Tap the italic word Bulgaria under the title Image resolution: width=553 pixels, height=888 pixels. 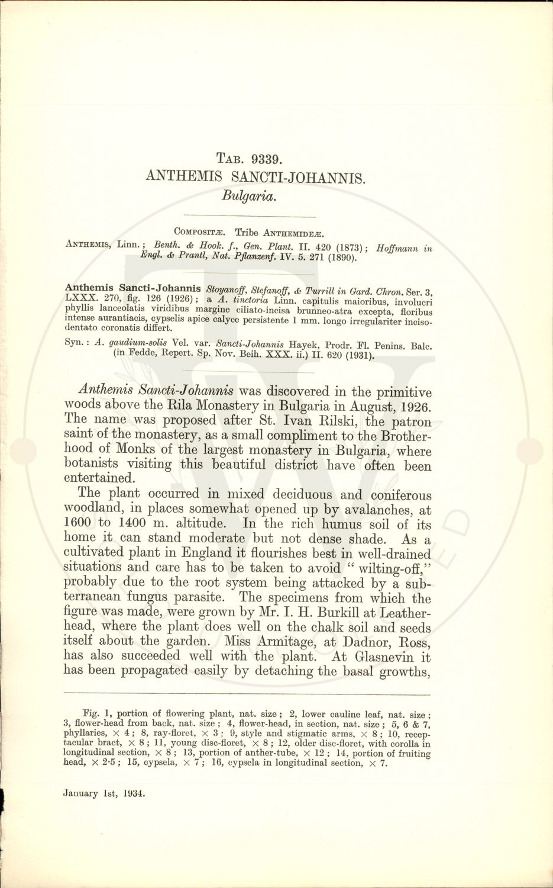click(x=249, y=195)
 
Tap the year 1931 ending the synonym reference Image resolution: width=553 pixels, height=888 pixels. click(x=357, y=355)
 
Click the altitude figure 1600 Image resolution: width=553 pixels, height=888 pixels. click(x=78, y=523)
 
